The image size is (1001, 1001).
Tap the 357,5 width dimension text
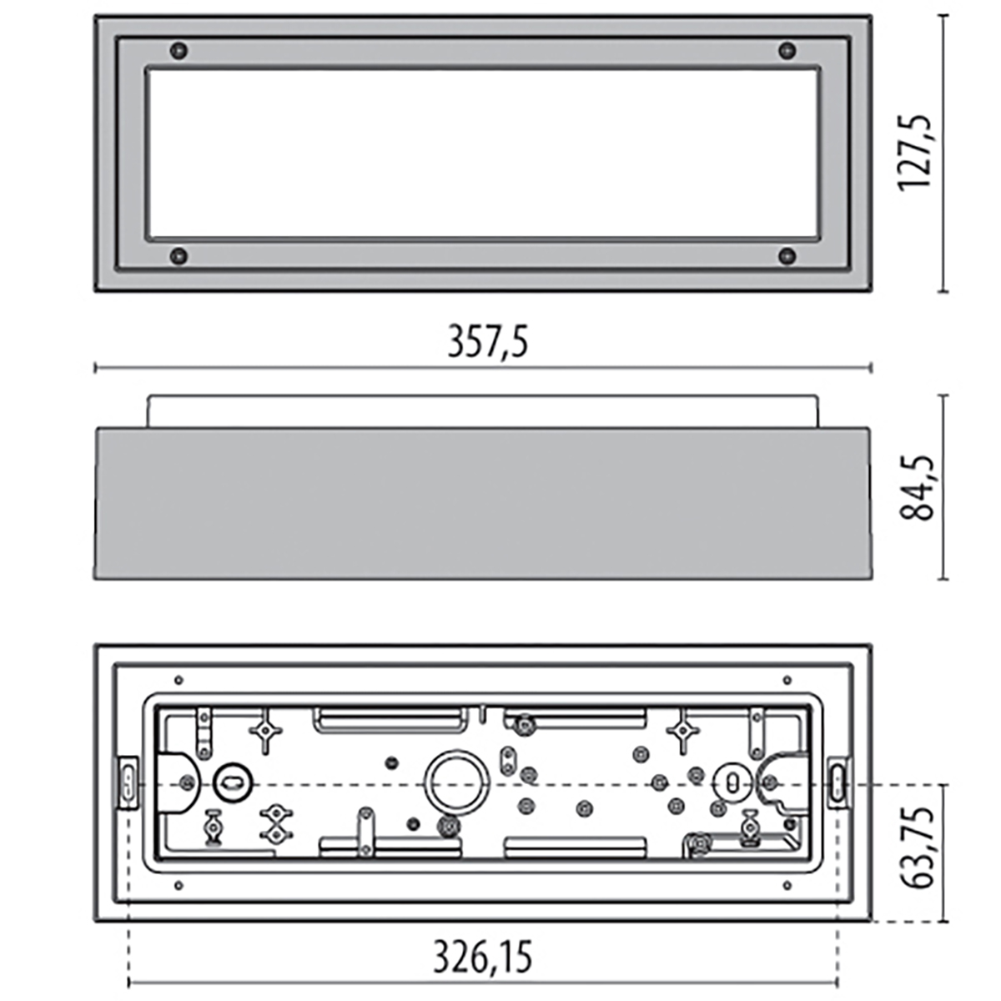click(x=488, y=342)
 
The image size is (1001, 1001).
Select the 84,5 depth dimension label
click(x=916, y=488)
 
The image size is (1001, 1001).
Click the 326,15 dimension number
click(x=483, y=956)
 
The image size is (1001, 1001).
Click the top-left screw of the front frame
click(x=179, y=50)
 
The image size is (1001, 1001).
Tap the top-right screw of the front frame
click(x=787, y=50)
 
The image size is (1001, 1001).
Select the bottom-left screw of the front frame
click(x=179, y=255)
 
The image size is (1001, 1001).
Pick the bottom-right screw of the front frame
click(x=787, y=255)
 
